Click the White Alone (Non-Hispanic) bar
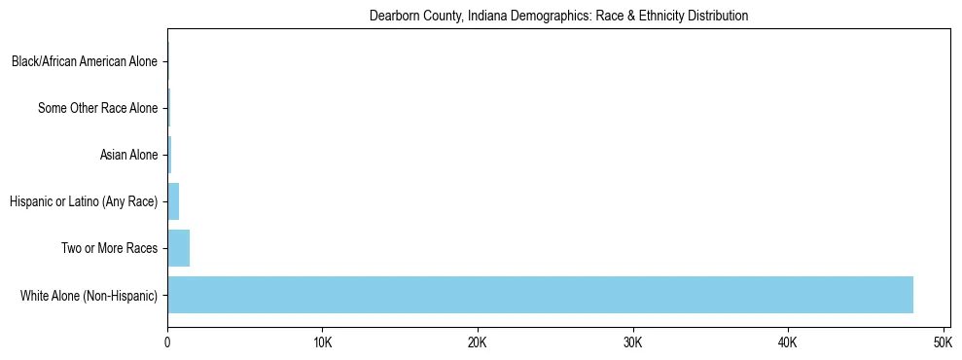pyautogui.click(x=540, y=295)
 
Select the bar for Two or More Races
pyautogui.click(x=178, y=248)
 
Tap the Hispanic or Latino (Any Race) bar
pyautogui.click(x=173, y=201)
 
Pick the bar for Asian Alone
pyautogui.click(x=169, y=155)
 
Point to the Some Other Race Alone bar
pyautogui.click(x=169, y=108)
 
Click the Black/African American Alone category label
pyautogui.click(x=84, y=62)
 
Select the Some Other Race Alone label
pyautogui.click(x=97, y=108)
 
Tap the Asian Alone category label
pyautogui.click(x=128, y=155)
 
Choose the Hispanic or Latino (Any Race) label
pyautogui.click(x=83, y=201)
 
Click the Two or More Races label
pyautogui.click(x=109, y=248)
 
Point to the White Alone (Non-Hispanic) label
pyautogui.click(x=89, y=295)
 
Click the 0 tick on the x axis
pyautogui.click(x=167, y=343)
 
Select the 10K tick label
pyautogui.click(x=323, y=343)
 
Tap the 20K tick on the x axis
pyautogui.click(x=478, y=343)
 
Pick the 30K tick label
pyautogui.click(x=633, y=343)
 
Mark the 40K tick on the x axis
pyautogui.click(x=788, y=343)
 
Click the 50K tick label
pyautogui.click(x=943, y=343)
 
